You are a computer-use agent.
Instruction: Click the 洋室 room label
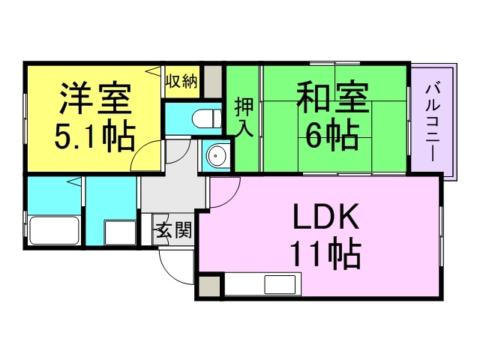[94, 97]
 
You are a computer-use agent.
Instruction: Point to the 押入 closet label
[244, 116]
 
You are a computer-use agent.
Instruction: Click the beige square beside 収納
[212, 79]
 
